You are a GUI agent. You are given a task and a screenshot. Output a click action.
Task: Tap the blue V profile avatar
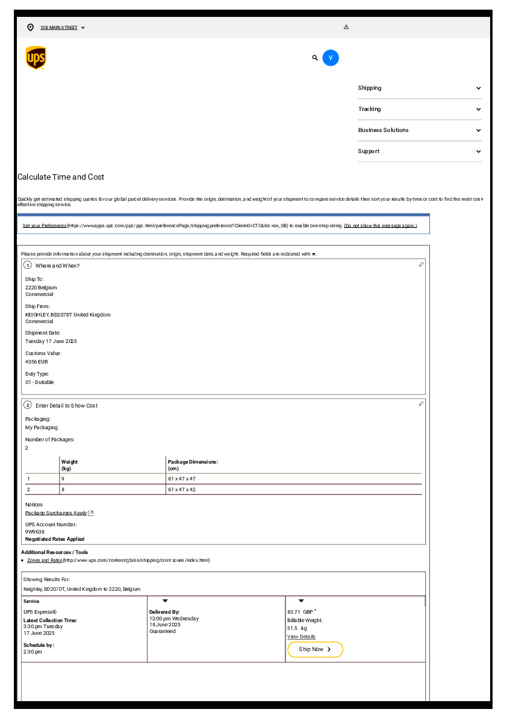pos(331,58)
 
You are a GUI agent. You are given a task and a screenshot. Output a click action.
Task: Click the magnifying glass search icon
pos(315,58)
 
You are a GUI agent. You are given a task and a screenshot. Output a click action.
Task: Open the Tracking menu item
pos(369,109)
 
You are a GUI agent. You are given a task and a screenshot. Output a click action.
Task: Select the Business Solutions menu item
pos(383,130)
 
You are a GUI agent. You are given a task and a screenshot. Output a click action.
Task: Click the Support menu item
pos(369,151)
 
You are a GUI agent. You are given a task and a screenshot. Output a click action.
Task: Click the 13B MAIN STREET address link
pos(59,28)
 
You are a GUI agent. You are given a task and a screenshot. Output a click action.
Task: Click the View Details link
pos(301,637)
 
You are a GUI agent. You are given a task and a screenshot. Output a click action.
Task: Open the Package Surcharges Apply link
pos(56,513)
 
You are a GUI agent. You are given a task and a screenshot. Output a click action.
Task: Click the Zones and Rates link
pos(45,560)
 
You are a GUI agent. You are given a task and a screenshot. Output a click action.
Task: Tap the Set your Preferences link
pos(45,225)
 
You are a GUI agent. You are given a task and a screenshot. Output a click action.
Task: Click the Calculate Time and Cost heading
pos(61,177)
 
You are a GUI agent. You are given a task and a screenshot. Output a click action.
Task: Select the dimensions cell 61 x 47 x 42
pos(182,490)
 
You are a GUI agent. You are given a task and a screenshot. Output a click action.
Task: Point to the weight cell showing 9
pos(63,479)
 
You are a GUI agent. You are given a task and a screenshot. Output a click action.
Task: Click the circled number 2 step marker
pos(28,405)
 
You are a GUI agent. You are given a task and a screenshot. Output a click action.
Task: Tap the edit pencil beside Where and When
pos(421,265)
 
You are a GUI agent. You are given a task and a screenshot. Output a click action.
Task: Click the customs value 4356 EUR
pos(37,362)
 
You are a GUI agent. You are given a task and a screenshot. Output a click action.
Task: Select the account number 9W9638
pos(35,532)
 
